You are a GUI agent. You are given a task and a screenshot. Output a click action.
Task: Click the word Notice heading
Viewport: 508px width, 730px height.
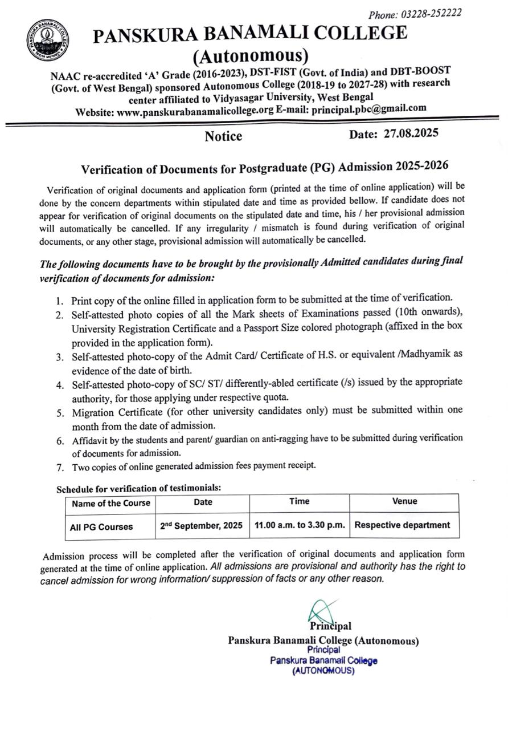point(223,136)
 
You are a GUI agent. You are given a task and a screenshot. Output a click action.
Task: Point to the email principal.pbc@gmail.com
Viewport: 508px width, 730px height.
point(369,108)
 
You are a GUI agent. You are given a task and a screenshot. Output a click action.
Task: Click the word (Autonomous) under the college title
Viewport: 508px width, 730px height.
point(251,55)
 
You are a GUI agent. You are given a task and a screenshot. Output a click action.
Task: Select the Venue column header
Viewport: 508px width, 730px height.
point(404,501)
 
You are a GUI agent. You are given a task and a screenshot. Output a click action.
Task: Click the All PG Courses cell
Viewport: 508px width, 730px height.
point(101,527)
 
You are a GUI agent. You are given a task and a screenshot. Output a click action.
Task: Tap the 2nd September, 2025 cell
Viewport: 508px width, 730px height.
point(201,525)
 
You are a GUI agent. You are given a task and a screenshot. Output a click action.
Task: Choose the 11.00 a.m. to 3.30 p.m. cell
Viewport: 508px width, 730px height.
point(300,525)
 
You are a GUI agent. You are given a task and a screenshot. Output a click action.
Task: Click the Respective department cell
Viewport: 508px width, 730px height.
point(402,525)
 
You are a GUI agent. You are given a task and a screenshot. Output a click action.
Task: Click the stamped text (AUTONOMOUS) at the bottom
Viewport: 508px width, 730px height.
point(323,671)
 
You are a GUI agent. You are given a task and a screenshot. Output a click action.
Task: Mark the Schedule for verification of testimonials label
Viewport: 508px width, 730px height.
point(138,488)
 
